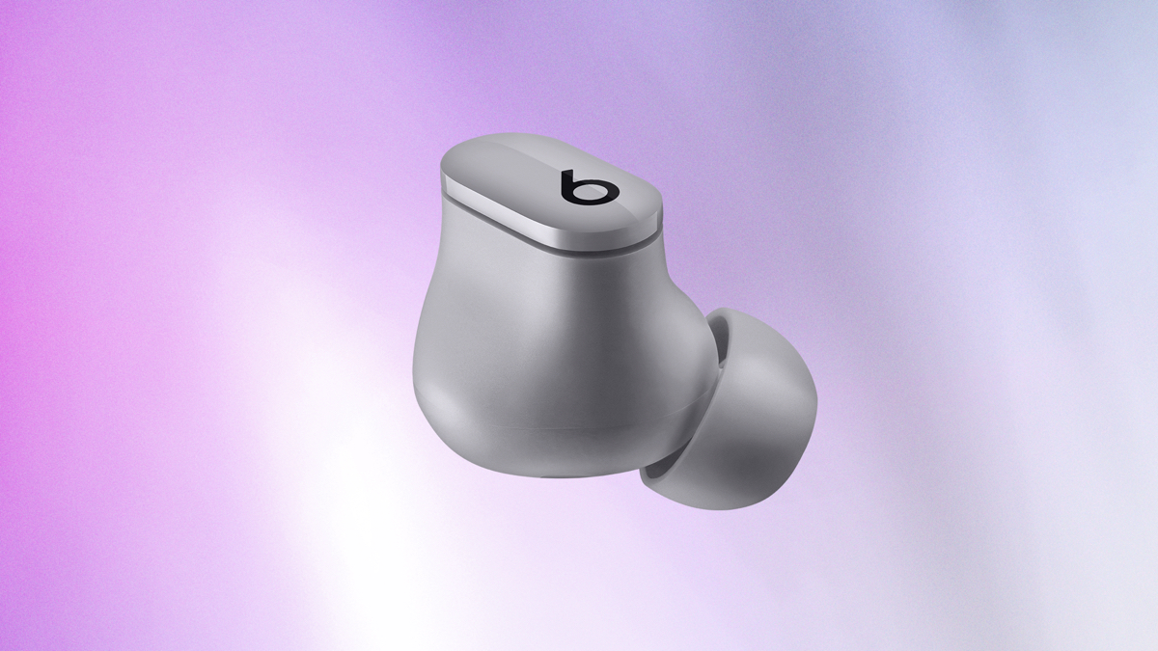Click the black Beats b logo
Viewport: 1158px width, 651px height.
click(x=590, y=187)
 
